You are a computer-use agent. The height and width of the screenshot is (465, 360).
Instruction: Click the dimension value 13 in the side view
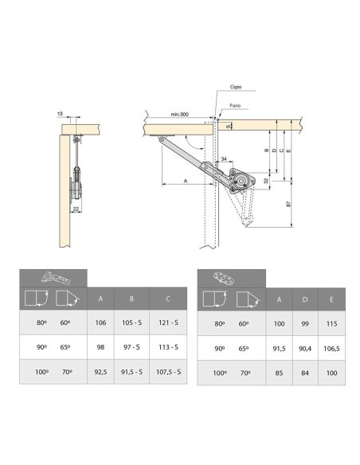(61, 115)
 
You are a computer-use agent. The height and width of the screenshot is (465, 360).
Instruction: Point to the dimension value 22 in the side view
(75, 209)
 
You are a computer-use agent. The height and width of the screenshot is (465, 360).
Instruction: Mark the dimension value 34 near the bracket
(225, 159)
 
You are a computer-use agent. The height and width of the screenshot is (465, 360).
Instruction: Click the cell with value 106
(101, 324)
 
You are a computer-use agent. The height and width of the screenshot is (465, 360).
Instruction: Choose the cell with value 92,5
(101, 372)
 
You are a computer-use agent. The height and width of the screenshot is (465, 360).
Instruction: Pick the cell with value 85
(278, 372)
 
